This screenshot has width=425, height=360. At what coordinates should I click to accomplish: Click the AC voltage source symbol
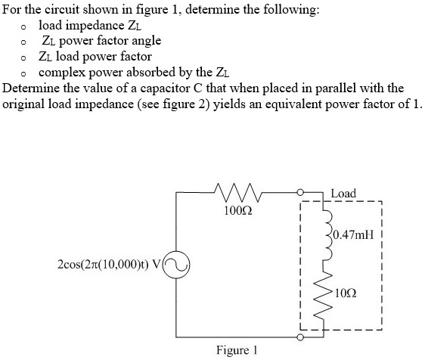point(175,265)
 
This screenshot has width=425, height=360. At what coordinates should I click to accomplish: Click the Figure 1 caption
point(237,349)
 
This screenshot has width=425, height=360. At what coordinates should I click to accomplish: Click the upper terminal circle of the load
point(300,193)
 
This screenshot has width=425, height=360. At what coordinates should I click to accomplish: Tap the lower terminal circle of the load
point(300,335)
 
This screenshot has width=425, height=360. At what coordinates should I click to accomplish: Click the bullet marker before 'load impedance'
point(25,26)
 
